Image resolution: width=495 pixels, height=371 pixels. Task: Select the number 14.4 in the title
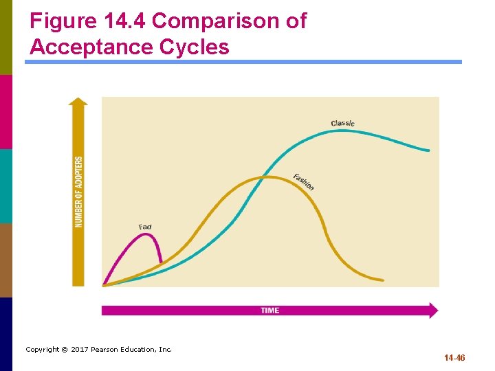pos(126,21)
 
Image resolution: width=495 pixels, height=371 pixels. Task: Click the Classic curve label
pos(342,123)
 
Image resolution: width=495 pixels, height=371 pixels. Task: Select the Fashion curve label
pos(303,182)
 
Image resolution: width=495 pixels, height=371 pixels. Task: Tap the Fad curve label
pos(145,227)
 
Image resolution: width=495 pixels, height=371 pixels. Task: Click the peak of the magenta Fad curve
pos(145,234)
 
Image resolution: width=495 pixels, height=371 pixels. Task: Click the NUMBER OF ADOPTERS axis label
pos(79,192)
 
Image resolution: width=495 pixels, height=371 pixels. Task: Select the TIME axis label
pos(270,311)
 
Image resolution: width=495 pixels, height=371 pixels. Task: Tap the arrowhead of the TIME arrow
pos(432,311)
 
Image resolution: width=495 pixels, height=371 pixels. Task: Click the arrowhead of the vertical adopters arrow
pos(79,102)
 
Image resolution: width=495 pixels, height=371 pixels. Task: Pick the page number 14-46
pos(454,358)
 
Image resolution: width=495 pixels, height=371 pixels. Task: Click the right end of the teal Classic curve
pos(429,150)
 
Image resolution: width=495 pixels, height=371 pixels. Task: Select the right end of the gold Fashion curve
pos(382,280)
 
